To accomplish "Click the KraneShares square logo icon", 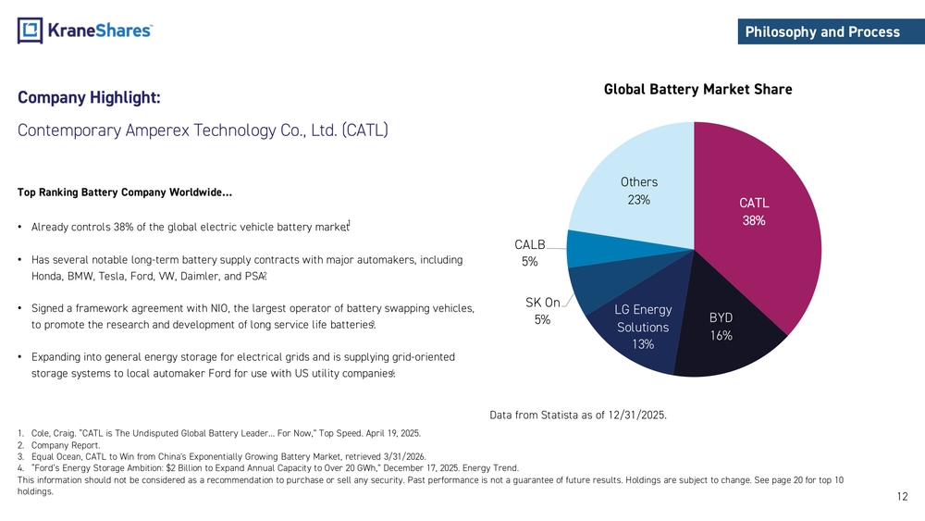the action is point(31,31).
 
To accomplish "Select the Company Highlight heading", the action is point(89,97).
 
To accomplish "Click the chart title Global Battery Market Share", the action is point(697,89).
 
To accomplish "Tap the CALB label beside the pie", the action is point(530,244).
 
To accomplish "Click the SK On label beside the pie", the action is point(543,303).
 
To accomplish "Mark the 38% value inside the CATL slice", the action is point(754,220).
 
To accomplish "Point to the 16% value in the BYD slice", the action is point(721,336).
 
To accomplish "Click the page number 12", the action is point(903,496).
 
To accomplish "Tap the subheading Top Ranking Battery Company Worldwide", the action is point(125,192).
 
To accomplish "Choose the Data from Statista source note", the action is point(578,415).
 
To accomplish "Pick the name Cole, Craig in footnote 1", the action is point(53,434).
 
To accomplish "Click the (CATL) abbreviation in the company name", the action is point(364,130).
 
